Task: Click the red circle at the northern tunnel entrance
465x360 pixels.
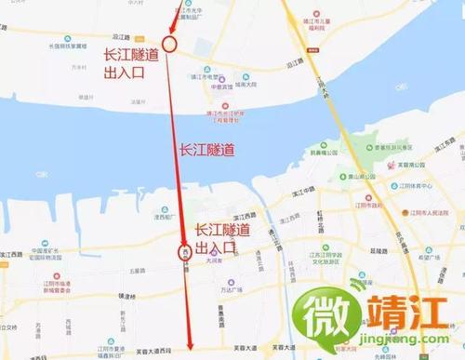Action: click(169, 43)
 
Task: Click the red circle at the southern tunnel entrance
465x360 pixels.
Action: click(184, 251)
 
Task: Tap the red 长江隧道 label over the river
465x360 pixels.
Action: click(206, 149)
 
